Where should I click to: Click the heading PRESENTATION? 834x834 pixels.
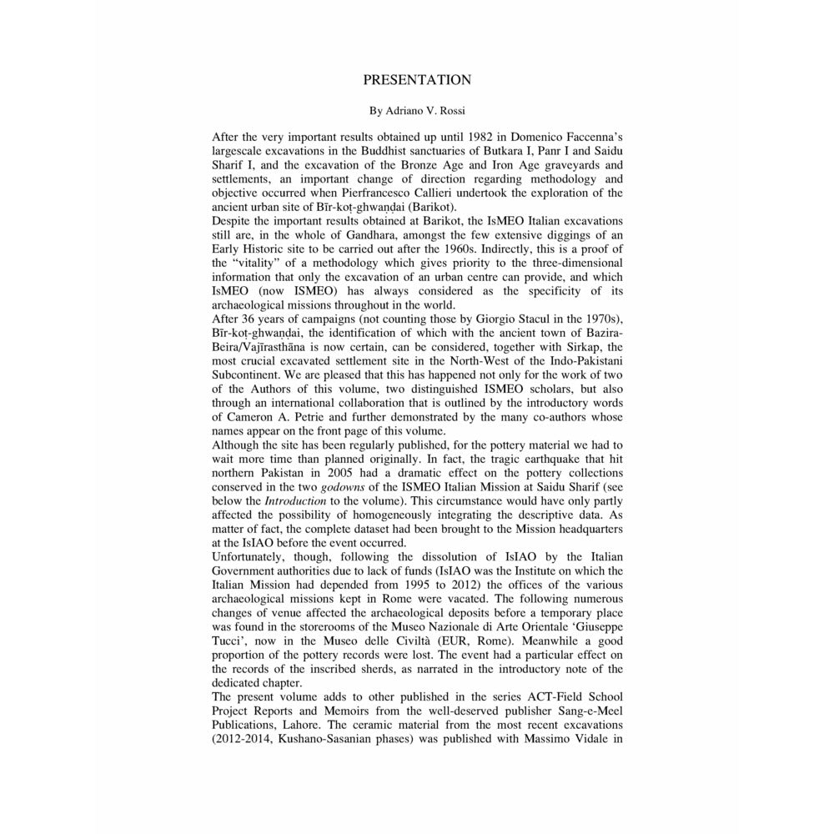pyautogui.click(x=417, y=80)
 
